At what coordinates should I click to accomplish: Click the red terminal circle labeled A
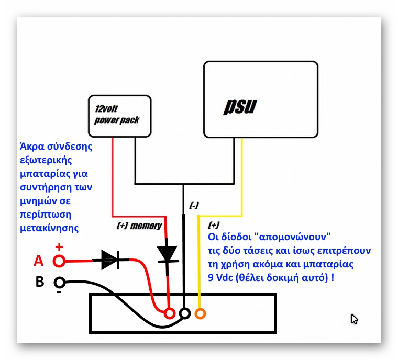pyautogui.click(x=59, y=260)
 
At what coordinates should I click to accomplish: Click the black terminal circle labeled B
pyautogui.click(x=60, y=283)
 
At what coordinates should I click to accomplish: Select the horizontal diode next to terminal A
pyautogui.click(x=110, y=259)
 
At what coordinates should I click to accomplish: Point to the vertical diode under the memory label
pyautogui.click(x=168, y=254)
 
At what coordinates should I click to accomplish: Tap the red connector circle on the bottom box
pyautogui.click(x=169, y=313)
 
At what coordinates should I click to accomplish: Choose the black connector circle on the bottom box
pyautogui.click(x=184, y=313)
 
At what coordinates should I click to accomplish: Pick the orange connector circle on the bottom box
pyautogui.click(x=200, y=313)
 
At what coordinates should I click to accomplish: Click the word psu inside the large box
pyautogui.click(x=240, y=106)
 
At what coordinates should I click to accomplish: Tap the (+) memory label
pyautogui.click(x=139, y=226)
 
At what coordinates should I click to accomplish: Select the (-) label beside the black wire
pyautogui.click(x=194, y=206)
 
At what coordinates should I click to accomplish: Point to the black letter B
pyautogui.click(x=39, y=283)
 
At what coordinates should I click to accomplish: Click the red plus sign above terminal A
pyautogui.click(x=59, y=247)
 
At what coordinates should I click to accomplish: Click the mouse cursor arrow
pyautogui.click(x=354, y=319)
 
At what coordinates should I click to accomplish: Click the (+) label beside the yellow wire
pyautogui.click(x=214, y=225)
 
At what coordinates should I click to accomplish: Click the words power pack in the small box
pyautogui.click(x=117, y=120)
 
